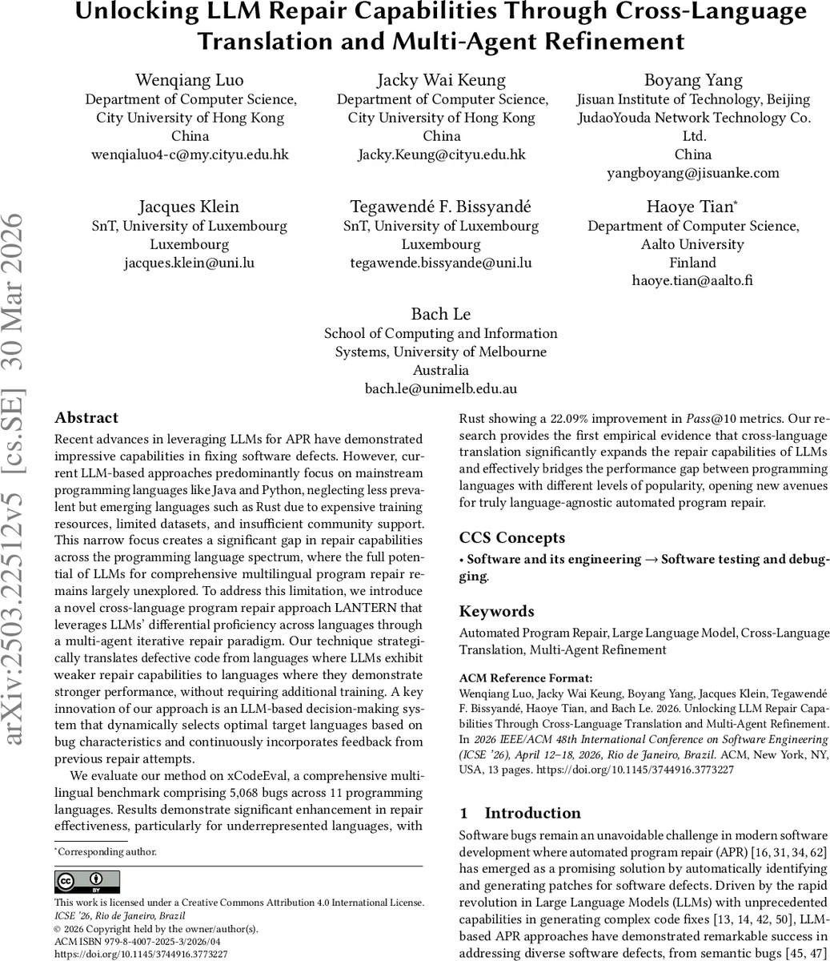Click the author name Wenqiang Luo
[x=190, y=80]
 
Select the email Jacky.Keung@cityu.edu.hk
[x=441, y=155]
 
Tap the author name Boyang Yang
[x=693, y=80]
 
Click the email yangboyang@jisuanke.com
[x=693, y=173]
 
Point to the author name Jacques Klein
[x=189, y=207]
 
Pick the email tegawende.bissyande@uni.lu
[x=441, y=263]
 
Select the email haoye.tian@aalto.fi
[x=693, y=281]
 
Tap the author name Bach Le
[x=441, y=314]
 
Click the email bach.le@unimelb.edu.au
[x=441, y=389]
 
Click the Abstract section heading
[x=86, y=418]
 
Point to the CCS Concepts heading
[x=512, y=538]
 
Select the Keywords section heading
[x=496, y=612]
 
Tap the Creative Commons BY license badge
[x=87, y=882]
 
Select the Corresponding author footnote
[x=106, y=852]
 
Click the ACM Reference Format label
[x=526, y=678]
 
